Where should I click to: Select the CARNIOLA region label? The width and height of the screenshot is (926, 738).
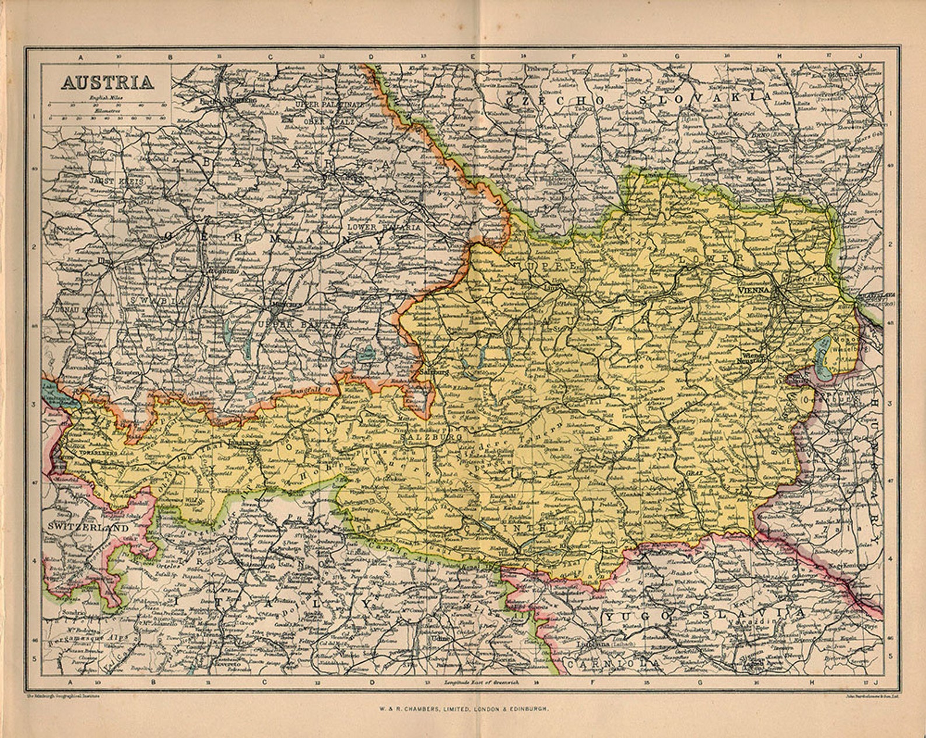point(613,663)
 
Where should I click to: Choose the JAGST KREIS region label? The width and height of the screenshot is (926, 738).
point(116,181)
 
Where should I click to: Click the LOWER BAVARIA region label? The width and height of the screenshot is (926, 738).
point(383,227)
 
